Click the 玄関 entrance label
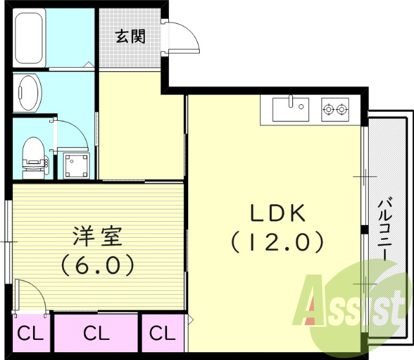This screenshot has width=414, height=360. [130, 36]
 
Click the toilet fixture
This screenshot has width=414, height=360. [32, 156]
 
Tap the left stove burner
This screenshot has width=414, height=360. [328, 109]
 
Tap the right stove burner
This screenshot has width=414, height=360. [342, 109]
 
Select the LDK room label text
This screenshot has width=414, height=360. [274, 214]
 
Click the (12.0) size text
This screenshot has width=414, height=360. [276, 242]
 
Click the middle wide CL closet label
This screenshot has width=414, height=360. [96, 334]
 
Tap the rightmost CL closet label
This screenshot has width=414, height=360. [162, 334]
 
